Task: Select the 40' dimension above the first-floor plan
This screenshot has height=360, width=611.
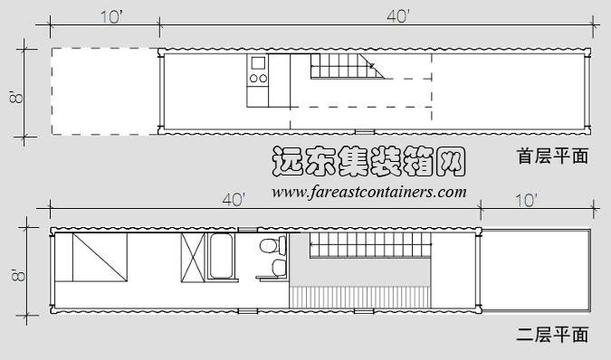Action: [x=396, y=16]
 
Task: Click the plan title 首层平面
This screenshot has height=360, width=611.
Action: [x=552, y=156]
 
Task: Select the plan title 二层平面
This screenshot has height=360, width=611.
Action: [x=552, y=335]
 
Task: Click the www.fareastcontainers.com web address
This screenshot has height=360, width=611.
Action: [x=369, y=192]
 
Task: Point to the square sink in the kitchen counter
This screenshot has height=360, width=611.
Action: [x=257, y=63]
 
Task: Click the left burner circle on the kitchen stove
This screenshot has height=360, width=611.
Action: [x=253, y=79]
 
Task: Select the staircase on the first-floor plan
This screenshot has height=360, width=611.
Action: [x=343, y=66]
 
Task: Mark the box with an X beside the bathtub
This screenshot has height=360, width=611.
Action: [x=194, y=256]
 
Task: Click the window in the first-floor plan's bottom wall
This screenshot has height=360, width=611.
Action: [x=365, y=132]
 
